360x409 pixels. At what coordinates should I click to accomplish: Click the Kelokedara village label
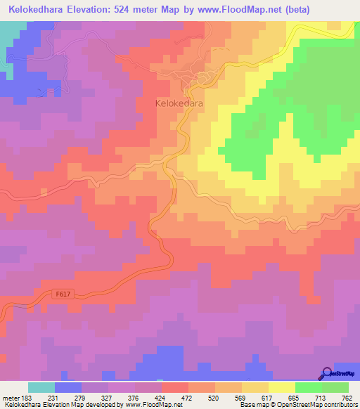coord(179,103)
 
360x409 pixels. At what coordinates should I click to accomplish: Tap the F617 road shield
coord(62,295)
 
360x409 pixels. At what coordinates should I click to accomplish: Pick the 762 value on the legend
coord(347,396)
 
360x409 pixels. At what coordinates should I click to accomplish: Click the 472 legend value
coord(186,396)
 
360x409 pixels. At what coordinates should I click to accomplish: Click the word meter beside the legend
coord(10,396)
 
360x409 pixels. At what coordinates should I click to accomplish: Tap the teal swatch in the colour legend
coord(41,387)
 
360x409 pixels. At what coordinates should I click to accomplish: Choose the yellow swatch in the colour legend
coord(282,387)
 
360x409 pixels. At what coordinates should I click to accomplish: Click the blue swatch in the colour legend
coord(68,387)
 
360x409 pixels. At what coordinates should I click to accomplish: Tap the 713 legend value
coord(319,396)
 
